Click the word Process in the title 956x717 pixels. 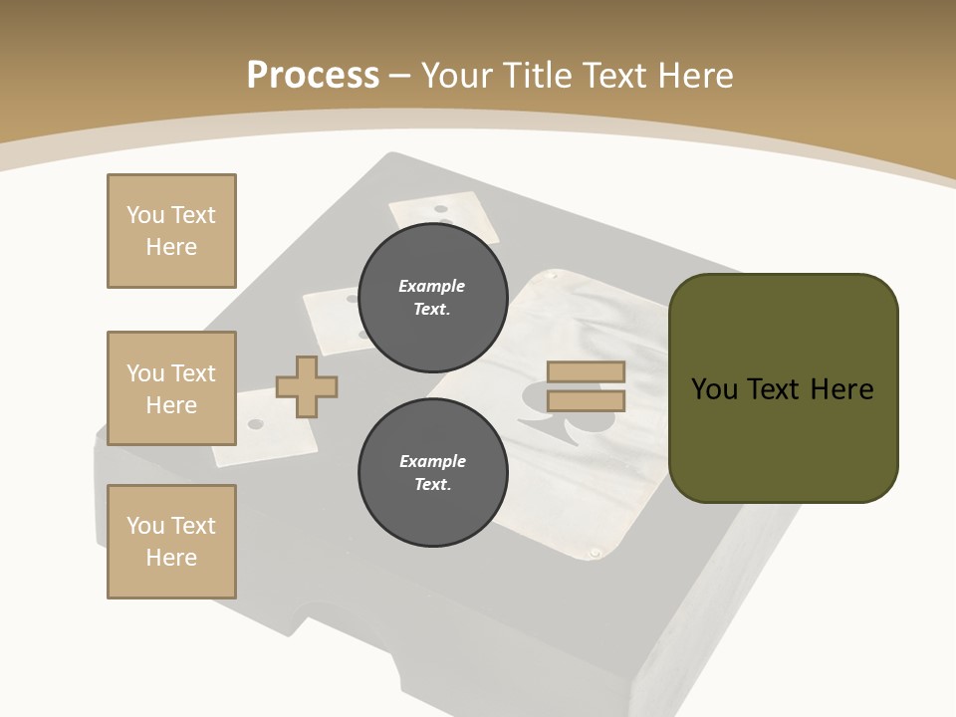313,75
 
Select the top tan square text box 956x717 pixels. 171,231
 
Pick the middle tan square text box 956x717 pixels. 171,388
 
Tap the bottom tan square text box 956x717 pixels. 171,542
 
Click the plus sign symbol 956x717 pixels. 307,386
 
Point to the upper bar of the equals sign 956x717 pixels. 586,371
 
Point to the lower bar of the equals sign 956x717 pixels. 586,401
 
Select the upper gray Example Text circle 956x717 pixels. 431,297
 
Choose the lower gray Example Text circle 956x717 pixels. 431,472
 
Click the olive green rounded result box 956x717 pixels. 784,388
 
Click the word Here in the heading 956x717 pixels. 692,76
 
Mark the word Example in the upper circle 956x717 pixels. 431,286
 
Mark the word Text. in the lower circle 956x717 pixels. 431,485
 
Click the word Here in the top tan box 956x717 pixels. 171,247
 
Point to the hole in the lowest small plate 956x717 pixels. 256,424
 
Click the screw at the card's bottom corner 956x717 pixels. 596,552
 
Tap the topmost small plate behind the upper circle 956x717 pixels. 443,213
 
